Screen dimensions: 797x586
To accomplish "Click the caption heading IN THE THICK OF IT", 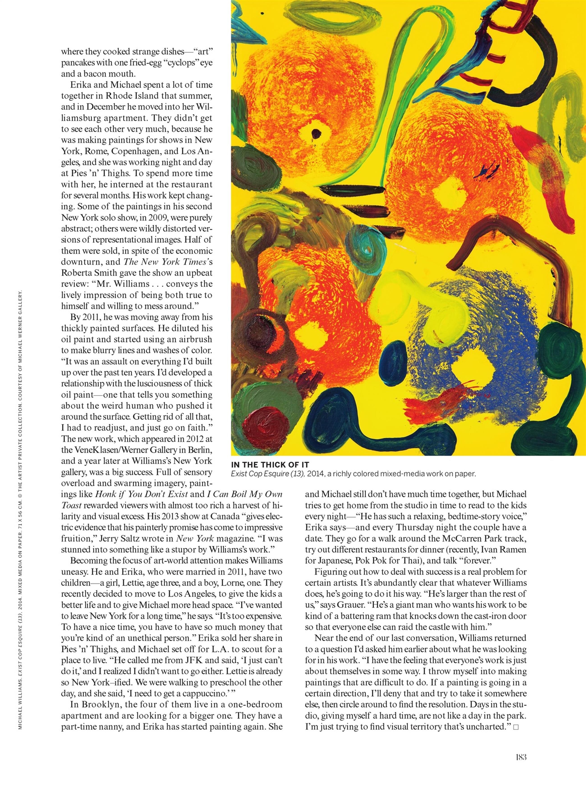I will click(x=270, y=465).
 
